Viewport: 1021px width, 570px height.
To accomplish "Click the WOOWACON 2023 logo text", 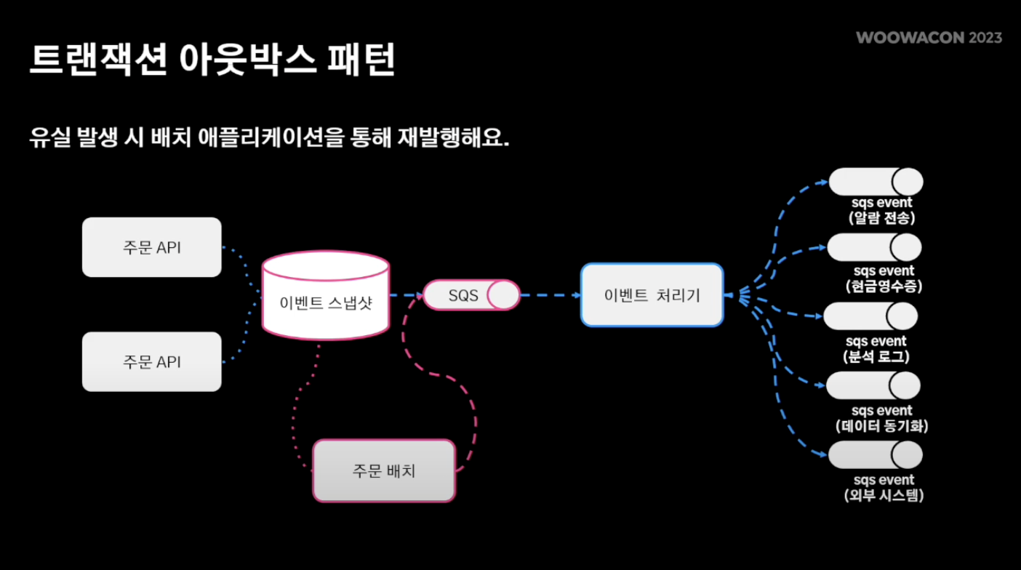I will [929, 38].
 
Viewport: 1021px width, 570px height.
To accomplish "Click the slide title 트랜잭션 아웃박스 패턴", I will [212, 60].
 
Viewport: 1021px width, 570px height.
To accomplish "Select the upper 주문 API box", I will [151, 247].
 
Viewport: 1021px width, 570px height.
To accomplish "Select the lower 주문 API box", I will [151, 361].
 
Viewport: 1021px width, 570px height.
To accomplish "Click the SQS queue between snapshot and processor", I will [472, 295].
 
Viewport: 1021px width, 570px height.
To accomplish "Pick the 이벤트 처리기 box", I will [652, 294].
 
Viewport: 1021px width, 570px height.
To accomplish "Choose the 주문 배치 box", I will [384, 470].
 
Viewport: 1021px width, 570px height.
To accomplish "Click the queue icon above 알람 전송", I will [876, 182].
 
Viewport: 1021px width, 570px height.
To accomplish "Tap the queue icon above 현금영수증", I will [874, 247].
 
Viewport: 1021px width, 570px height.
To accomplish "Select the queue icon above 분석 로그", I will [870, 316].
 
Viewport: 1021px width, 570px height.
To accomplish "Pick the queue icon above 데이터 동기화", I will [873, 385].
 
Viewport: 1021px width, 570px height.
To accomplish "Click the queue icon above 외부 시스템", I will [875, 455].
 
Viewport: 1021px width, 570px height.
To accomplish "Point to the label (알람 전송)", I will [881, 217].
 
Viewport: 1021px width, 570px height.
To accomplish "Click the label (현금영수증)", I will [884, 286].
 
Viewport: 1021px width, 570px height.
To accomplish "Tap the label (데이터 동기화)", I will [882, 426].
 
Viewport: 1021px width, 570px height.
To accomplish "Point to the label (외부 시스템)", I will [884, 496].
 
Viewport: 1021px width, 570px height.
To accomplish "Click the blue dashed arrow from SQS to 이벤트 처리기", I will [550, 295].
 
